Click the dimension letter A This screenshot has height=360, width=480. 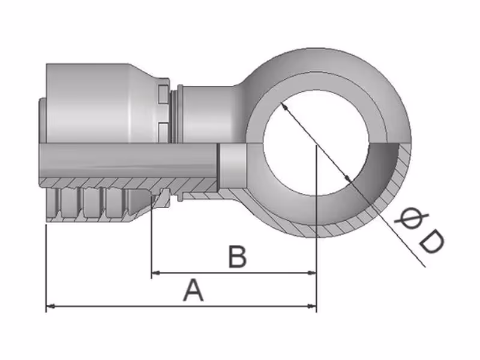pos(193,292)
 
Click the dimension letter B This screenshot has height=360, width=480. pos(238,258)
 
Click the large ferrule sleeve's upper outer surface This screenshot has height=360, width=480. pos(90,90)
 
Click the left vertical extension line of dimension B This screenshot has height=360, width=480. pos(151,240)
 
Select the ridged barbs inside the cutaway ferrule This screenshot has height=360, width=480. pos(90,204)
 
